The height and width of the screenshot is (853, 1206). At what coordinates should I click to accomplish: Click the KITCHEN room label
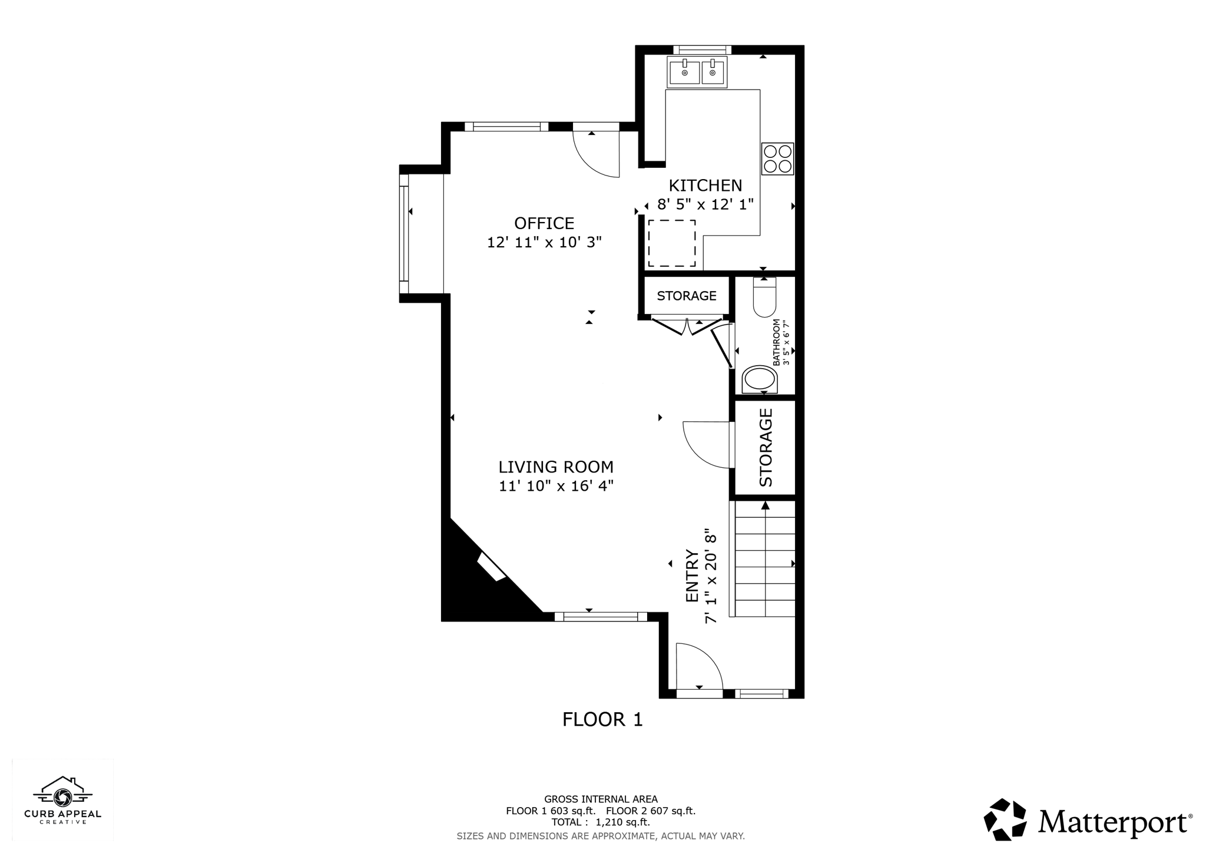705,186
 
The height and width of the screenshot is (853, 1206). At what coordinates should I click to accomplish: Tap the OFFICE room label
544,223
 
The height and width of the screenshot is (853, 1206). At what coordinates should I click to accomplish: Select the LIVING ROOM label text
556,467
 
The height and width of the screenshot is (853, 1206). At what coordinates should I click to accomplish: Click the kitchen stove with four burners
777,158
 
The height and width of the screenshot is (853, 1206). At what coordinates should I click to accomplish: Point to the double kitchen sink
697,72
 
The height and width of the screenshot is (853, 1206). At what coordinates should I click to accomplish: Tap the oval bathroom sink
759,380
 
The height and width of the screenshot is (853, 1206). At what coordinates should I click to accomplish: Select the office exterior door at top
596,153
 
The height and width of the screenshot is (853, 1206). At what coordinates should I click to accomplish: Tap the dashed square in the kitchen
671,243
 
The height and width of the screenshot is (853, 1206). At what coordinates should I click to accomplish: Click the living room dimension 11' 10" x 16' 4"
556,486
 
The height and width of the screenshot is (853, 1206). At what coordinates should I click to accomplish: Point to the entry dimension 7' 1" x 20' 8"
711,576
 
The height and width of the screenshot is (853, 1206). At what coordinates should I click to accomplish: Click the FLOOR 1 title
602,719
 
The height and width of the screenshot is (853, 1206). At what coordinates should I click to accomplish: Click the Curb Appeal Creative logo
62,801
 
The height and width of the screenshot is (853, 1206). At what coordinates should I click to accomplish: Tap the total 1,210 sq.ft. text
600,822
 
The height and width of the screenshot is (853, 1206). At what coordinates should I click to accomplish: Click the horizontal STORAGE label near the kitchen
687,296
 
